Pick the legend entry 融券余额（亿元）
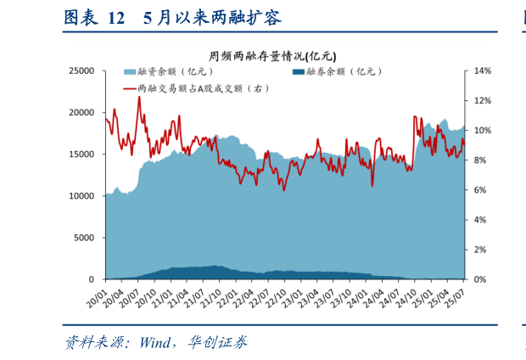[x=339, y=73]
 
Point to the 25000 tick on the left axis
[x=81, y=71]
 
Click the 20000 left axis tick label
[x=81, y=113]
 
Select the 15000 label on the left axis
[x=81, y=155]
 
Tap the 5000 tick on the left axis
[x=85, y=238]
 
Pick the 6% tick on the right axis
[x=479, y=190]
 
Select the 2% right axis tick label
[x=479, y=250]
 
